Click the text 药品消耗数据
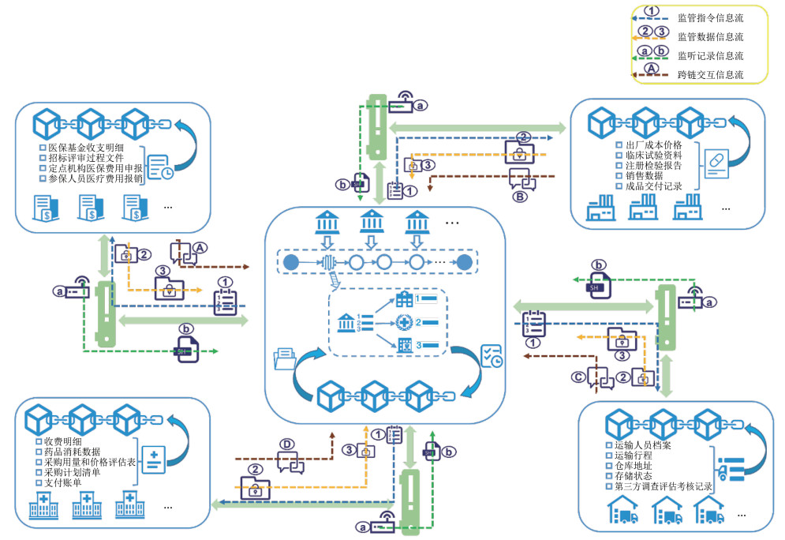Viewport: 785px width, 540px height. click(x=75, y=452)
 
